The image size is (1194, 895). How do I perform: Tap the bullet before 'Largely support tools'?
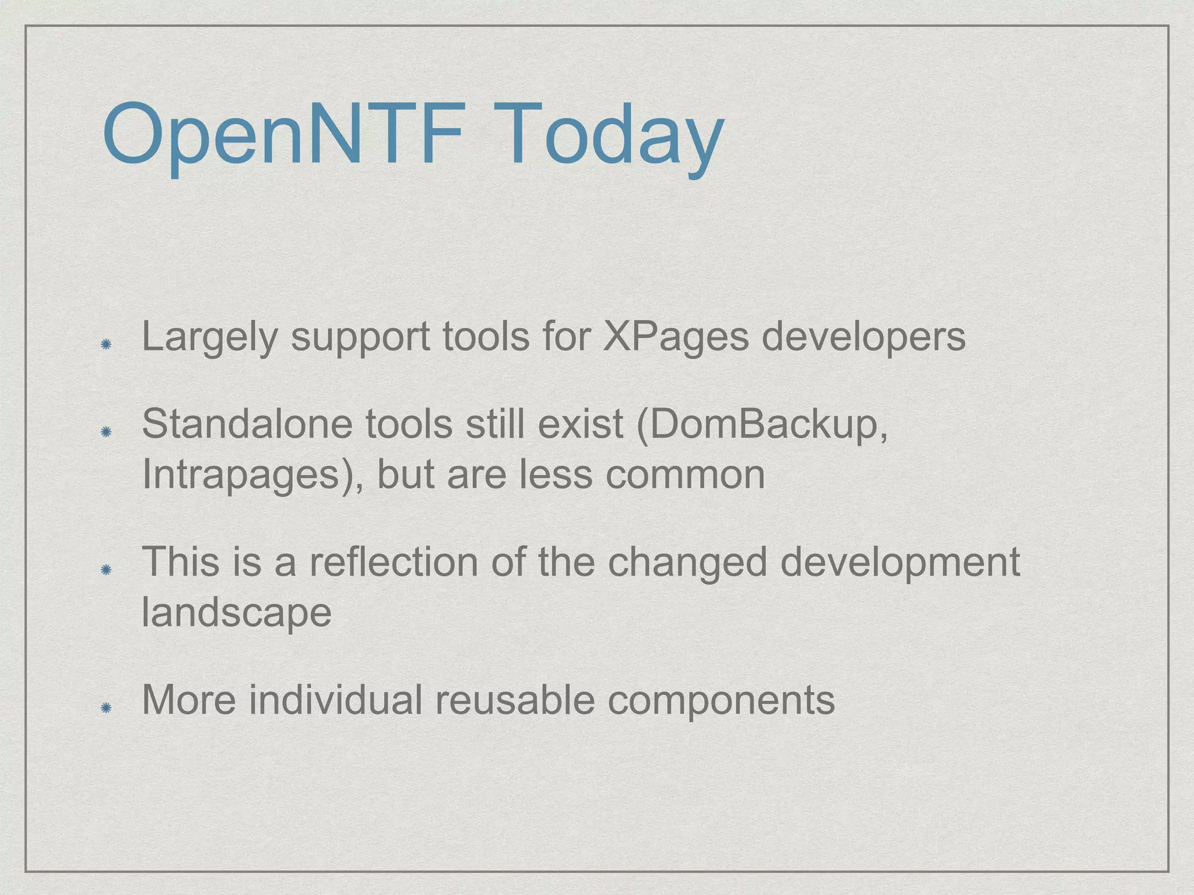pos(106,345)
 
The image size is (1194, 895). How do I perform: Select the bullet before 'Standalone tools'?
pos(106,432)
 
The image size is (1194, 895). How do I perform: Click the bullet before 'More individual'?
pos(106,707)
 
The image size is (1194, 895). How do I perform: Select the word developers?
pos(863,338)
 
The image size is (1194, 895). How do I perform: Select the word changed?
pos(687,563)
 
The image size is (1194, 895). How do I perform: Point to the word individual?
pos(335,700)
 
